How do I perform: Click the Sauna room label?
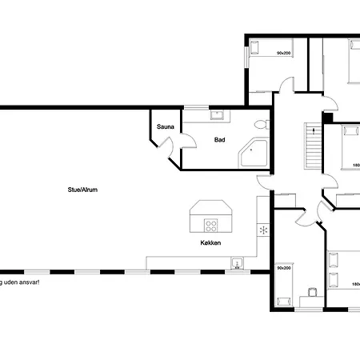point(166,126)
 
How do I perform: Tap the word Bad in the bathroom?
point(219,140)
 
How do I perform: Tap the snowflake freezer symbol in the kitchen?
point(262,230)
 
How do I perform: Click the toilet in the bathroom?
point(261,124)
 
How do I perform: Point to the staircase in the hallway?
point(313,145)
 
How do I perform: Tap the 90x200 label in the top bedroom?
point(283,53)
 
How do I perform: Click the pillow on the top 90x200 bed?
point(256,46)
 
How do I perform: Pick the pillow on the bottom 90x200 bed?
point(282,302)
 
